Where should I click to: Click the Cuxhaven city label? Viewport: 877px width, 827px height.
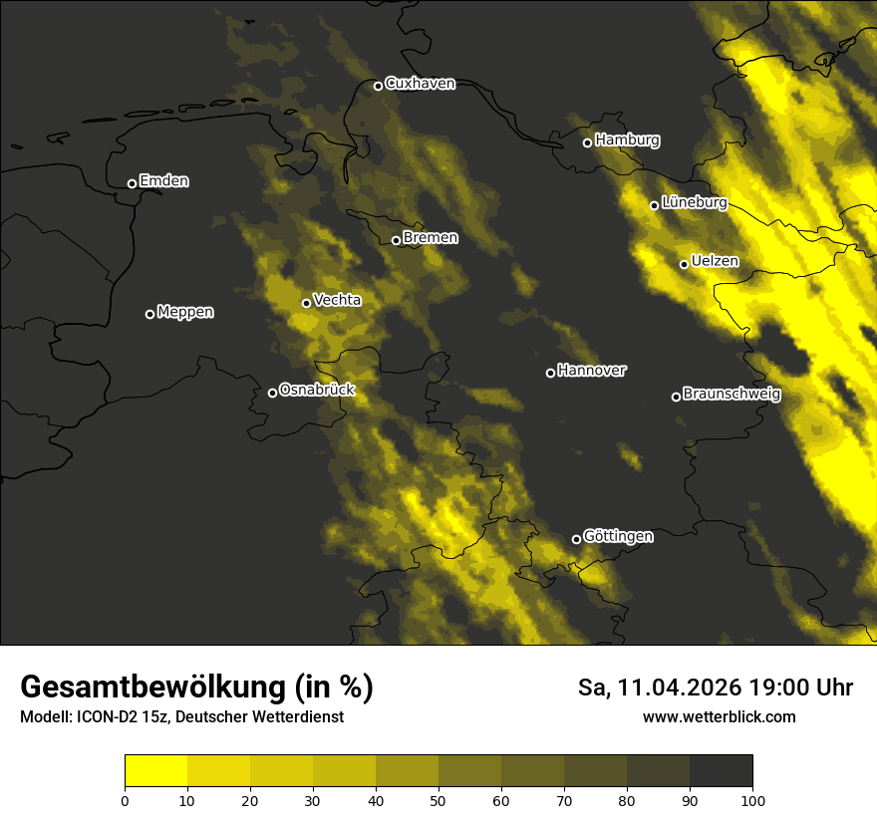click(x=420, y=84)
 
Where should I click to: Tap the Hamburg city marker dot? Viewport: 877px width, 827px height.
click(x=588, y=142)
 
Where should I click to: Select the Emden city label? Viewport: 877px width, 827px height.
click(x=163, y=181)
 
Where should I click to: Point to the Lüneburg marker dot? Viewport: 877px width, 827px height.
click(x=655, y=205)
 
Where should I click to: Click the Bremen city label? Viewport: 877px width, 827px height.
click(x=430, y=238)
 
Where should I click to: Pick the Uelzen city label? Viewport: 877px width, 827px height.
click(x=715, y=262)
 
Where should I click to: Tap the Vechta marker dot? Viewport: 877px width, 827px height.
click(x=306, y=303)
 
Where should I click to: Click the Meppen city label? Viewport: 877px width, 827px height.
click(x=185, y=312)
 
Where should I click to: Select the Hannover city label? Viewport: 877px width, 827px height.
click(x=592, y=371)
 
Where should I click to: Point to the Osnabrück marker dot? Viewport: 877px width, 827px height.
click(x=272, y=393)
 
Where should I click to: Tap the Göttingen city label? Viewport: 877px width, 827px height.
click(x=618, y=536)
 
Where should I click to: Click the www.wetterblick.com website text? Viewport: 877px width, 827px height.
click(x=719, y=717)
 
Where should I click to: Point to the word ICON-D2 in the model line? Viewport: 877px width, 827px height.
click(x=107, y=717)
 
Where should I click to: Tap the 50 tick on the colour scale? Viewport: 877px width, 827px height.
click(x=438, y=800)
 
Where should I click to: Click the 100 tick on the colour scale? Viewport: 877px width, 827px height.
click(x=752, y=800)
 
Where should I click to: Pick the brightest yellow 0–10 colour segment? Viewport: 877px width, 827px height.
click(x=155, y=771)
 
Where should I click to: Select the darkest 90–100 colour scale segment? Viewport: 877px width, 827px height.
click(x=721, y=771)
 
